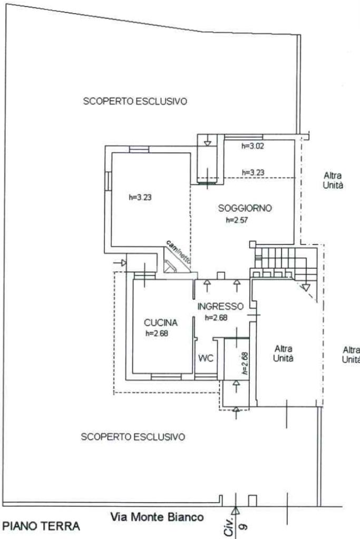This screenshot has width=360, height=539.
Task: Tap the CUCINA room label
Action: [161, 322]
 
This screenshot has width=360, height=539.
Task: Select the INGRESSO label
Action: [220, 306]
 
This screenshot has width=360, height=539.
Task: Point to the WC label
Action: [206, 358]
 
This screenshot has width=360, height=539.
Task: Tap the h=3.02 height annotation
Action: [252, 146]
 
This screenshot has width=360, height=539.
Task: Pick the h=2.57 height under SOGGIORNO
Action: [237, 221]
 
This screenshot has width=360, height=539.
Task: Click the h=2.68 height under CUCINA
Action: [157, 333]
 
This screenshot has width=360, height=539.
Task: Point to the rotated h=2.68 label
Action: [245, 364]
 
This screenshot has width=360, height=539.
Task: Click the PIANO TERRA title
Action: [42, 526]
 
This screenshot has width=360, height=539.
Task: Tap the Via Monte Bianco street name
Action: [157, 517]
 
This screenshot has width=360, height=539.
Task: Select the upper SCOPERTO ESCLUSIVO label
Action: [135, 101]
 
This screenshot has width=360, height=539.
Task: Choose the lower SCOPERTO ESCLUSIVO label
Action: [133, 437]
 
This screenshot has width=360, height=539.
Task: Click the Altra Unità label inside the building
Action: [283, 354]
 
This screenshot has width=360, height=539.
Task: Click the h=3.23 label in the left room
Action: [140, 198]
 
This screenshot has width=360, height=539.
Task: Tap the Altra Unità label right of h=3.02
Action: [333, 180]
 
